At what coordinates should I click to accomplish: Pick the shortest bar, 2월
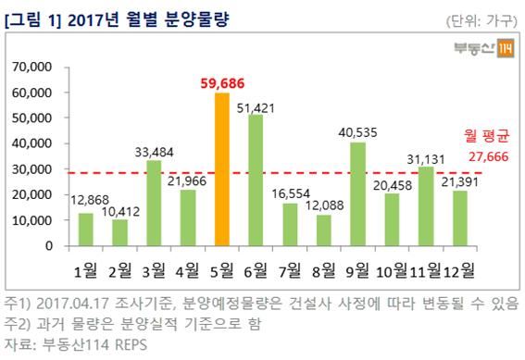coord(119,232)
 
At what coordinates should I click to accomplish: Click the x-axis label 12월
coord(459,270)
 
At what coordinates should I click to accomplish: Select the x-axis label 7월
coord(291,270)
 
